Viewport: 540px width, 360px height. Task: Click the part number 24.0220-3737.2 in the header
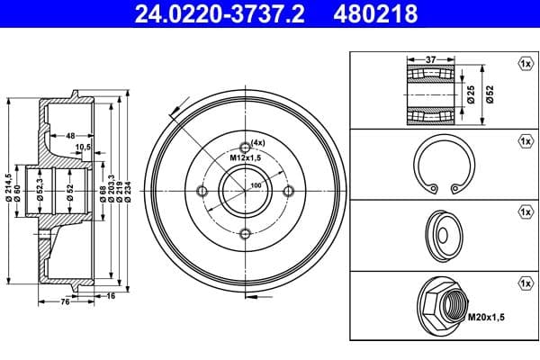click(220, 13)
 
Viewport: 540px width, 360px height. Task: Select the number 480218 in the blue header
click(375, 13)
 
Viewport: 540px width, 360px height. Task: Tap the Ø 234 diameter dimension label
click(128, 192)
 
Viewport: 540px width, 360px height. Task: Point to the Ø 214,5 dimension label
click(9, 187)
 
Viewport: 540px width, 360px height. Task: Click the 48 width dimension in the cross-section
click(70, 136)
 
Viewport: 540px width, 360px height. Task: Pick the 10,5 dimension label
click(83, 147)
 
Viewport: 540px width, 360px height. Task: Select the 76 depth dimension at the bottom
click(65, 302)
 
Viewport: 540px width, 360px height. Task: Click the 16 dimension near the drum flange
click(111, 296)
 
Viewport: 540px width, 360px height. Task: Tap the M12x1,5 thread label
click(246, 158)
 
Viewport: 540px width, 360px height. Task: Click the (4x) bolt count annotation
click(258, 142)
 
